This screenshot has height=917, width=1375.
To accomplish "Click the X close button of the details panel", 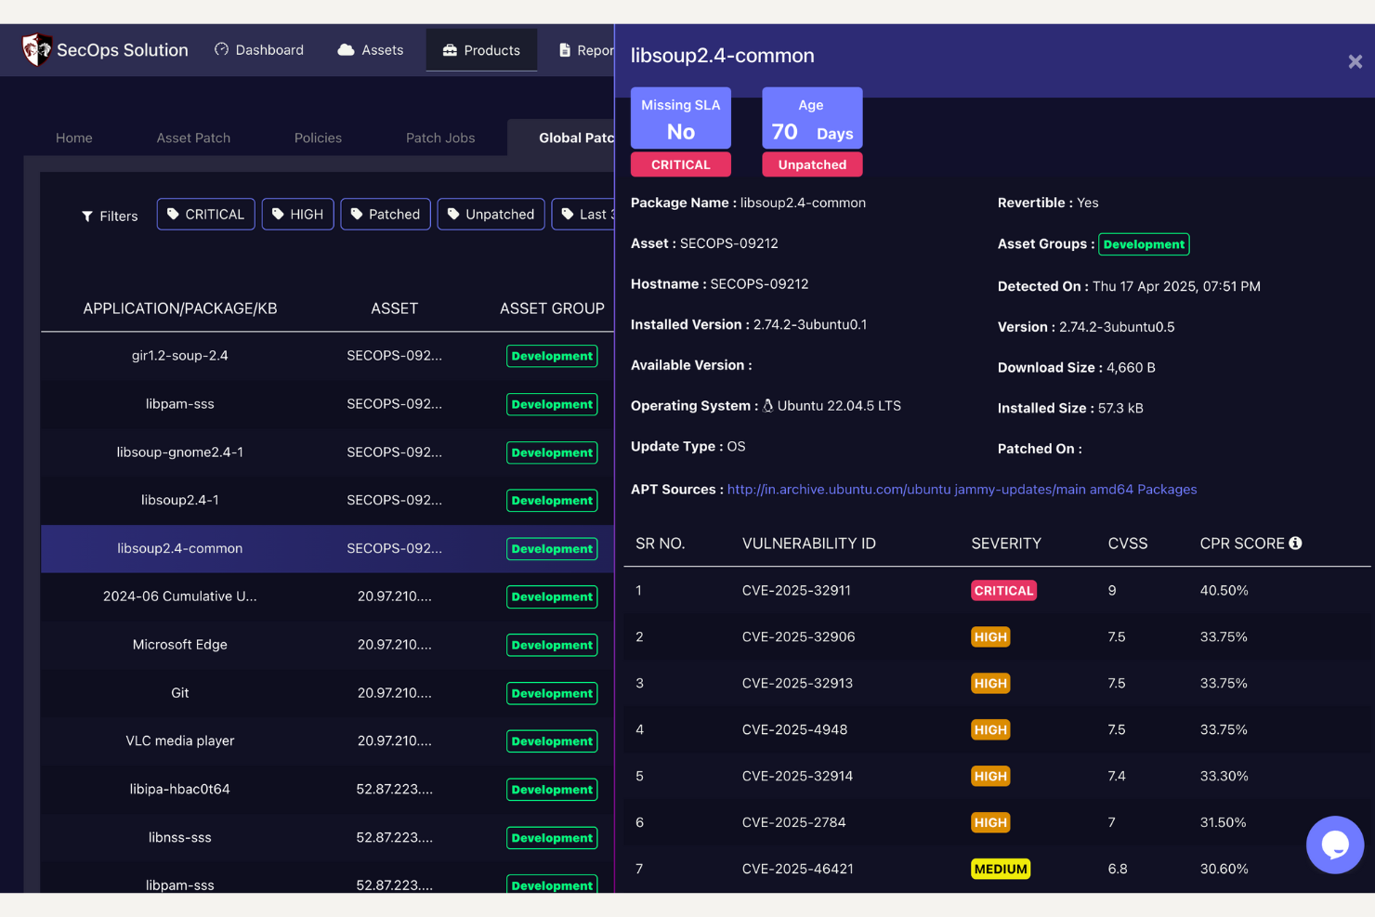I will click(x=1355, y=61).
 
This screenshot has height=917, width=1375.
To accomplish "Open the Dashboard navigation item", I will click(x=259, y=50).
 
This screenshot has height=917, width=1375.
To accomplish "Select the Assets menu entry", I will click(x=371, y=50).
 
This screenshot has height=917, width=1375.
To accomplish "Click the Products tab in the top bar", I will click(x=481, y=50).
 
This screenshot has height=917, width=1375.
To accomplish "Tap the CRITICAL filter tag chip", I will click(x=205, y=215).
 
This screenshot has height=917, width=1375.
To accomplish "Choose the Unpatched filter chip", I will click(x=491, y=215).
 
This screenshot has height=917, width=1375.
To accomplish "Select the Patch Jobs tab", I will click(x=440, y=138).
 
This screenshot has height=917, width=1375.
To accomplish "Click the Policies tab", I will click(x=318, y=138).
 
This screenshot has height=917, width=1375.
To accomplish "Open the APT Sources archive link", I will click(x=962, y=490).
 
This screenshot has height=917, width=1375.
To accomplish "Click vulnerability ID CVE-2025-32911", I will click(x=796, y=591).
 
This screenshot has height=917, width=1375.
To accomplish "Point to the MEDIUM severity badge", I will click(x=1001, y=870).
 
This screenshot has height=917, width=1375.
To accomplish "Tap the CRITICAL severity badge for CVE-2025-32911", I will click(x=1003, y=591).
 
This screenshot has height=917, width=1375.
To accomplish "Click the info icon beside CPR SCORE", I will click(x=1295, y=544).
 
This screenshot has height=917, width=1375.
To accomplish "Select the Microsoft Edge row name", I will click(x=180, y=645).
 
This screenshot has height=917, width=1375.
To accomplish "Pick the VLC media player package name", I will click(x=180, y=741).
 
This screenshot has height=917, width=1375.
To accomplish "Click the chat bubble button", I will click(x=1334, y=845).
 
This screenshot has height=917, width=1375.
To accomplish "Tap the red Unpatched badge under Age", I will click(x=812, y=164).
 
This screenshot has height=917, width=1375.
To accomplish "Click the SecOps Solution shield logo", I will click(x=36, y=49).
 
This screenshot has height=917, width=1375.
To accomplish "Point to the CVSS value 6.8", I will click(x=1118, y=870).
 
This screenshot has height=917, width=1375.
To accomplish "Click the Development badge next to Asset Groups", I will click(x=1144, y=244).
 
